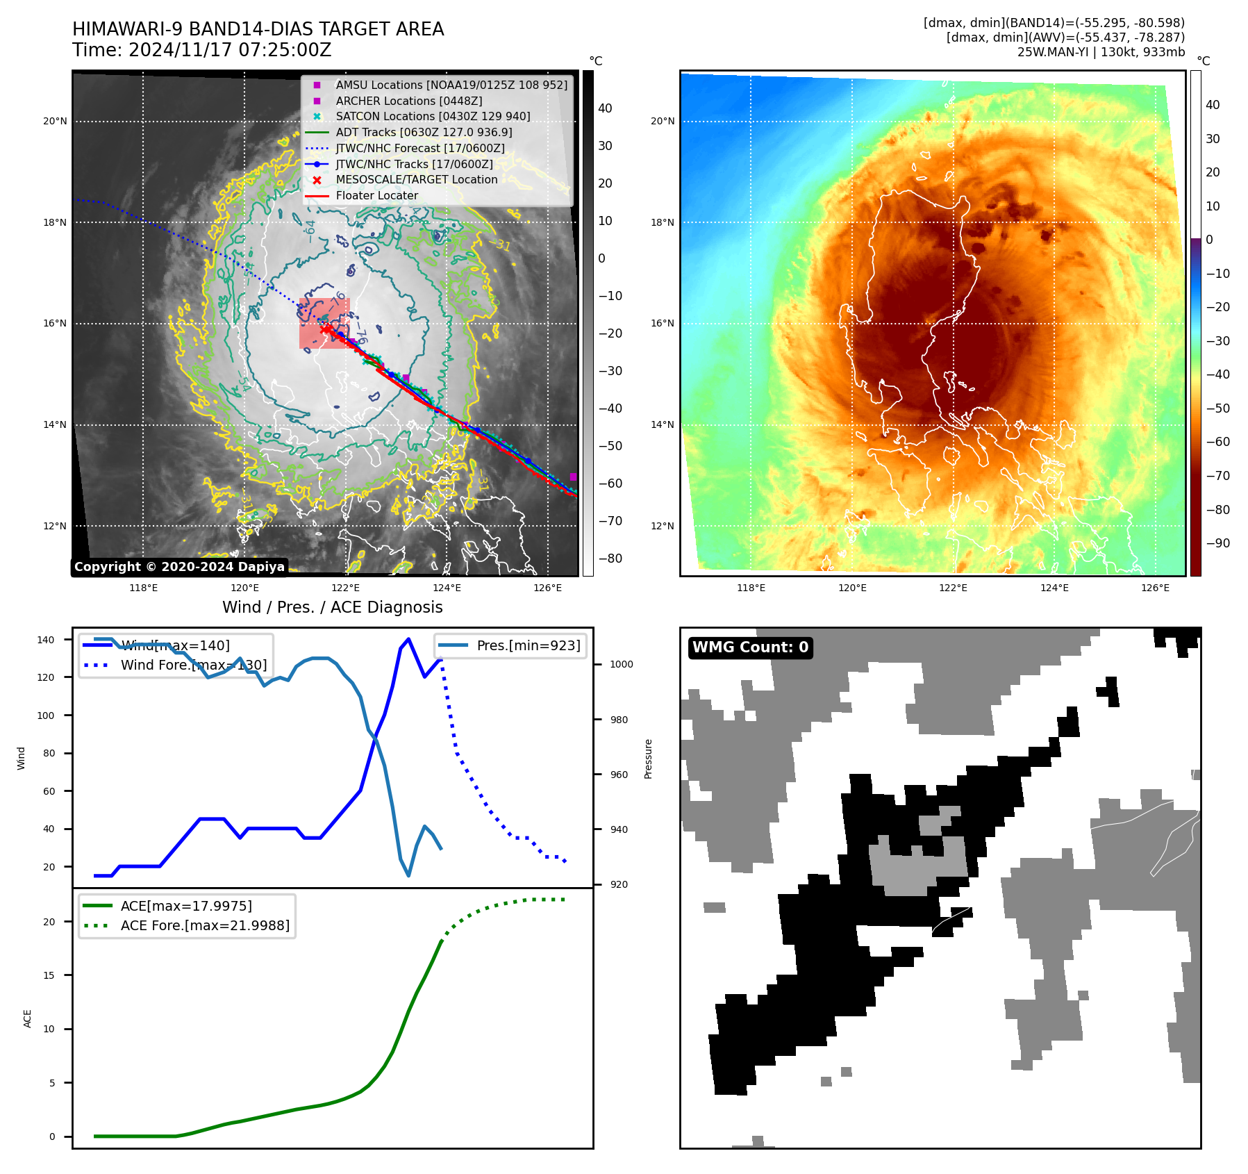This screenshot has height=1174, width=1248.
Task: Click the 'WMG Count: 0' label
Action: (x=750, y=647)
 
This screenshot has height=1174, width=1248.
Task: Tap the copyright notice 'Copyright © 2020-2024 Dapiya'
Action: (x=179, y=567)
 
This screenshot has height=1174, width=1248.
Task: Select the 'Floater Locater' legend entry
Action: (x=376, y=196)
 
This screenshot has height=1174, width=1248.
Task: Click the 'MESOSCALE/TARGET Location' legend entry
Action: (x=416, y=180)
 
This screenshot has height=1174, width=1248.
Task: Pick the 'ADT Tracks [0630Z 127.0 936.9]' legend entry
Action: (x=424, y=132)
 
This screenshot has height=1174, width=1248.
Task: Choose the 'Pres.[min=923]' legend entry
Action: (x=528, y=645)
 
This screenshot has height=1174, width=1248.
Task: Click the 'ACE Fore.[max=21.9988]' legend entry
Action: (x=205, y=925)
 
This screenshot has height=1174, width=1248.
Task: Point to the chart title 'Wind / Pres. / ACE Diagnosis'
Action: (x=332, y=607)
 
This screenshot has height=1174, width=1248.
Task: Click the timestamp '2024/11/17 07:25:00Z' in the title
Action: (x=230, y=51)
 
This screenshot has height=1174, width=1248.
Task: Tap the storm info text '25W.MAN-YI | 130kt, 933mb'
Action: (x=1101, y=52)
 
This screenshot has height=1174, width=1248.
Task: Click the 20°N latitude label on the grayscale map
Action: (x=55, y=122)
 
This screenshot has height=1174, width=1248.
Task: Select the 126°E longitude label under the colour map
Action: (x=1155, y=588)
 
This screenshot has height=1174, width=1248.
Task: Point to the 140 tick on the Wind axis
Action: (x=45, y=640)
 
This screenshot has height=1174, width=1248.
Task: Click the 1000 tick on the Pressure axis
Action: (x=621, y=665)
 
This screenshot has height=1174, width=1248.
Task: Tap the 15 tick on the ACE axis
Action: (x=49, y=975)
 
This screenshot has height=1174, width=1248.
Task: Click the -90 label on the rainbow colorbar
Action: (x=1217, y=543)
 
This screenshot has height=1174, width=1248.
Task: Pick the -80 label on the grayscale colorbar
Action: (x=610, y=559)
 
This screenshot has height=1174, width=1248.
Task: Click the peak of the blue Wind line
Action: (x=408, y=638)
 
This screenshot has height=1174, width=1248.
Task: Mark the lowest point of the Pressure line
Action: (x=408, y=875)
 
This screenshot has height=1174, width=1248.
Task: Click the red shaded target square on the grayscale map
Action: (x=324, y=323)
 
